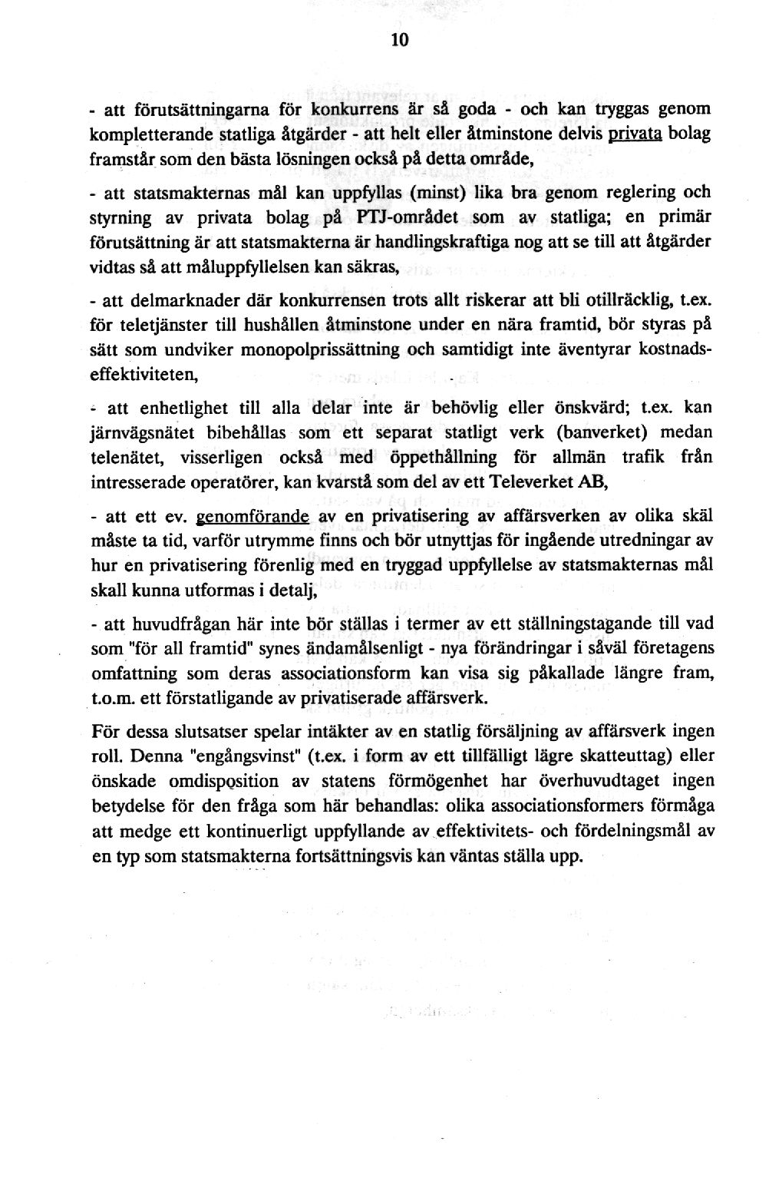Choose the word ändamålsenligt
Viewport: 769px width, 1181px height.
pos(353,649)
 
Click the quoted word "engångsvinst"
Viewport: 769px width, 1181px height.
pos(235,756)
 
